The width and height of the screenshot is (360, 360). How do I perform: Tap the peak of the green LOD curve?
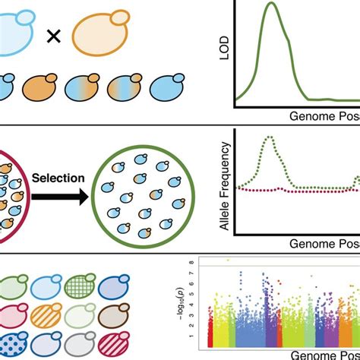point(270,6)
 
